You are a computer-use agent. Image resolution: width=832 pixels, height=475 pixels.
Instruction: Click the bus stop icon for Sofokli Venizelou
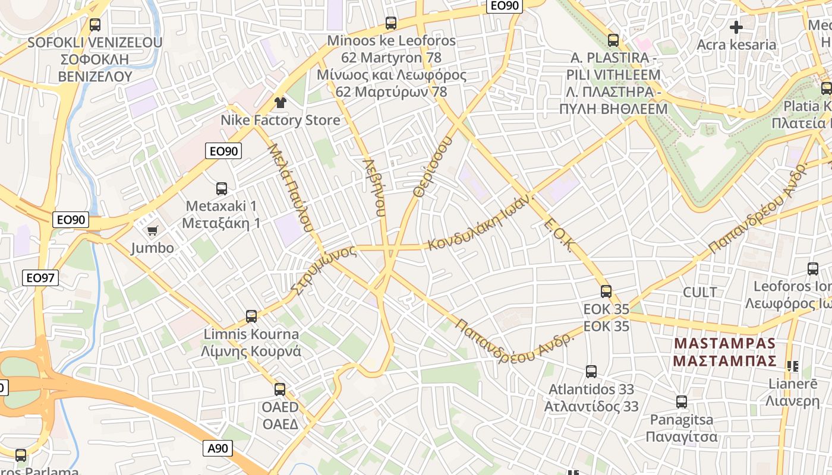[95, 25]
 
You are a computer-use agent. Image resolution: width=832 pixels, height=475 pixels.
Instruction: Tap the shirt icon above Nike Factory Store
[281, 102]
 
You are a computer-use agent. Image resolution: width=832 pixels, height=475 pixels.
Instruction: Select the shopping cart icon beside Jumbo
[153, 230]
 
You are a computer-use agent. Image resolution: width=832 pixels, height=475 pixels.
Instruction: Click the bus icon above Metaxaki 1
[222, 189]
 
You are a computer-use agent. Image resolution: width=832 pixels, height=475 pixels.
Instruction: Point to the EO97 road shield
[41, 277]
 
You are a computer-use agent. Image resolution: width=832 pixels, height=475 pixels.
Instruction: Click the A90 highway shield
[218, 448]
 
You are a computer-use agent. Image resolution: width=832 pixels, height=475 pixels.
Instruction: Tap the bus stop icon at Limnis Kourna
[251, 316]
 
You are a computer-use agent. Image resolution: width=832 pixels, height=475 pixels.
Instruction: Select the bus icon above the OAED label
[280, 389]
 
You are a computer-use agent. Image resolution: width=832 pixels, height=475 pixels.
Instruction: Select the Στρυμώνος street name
[324, 269]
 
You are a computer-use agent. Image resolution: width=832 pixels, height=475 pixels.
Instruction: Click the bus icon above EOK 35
[606, 291]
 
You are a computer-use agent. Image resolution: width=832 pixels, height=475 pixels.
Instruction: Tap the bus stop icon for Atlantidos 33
[591, 372]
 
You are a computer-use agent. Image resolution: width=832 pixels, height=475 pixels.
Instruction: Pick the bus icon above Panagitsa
[682, 402]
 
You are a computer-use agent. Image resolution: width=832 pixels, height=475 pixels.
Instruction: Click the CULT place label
[700, 292]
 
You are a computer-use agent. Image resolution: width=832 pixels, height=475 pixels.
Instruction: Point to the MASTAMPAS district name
[725, 343]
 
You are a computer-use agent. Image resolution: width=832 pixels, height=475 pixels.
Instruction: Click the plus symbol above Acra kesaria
[736, 27]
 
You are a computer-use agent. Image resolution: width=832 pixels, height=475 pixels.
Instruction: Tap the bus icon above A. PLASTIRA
[613, 40]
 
